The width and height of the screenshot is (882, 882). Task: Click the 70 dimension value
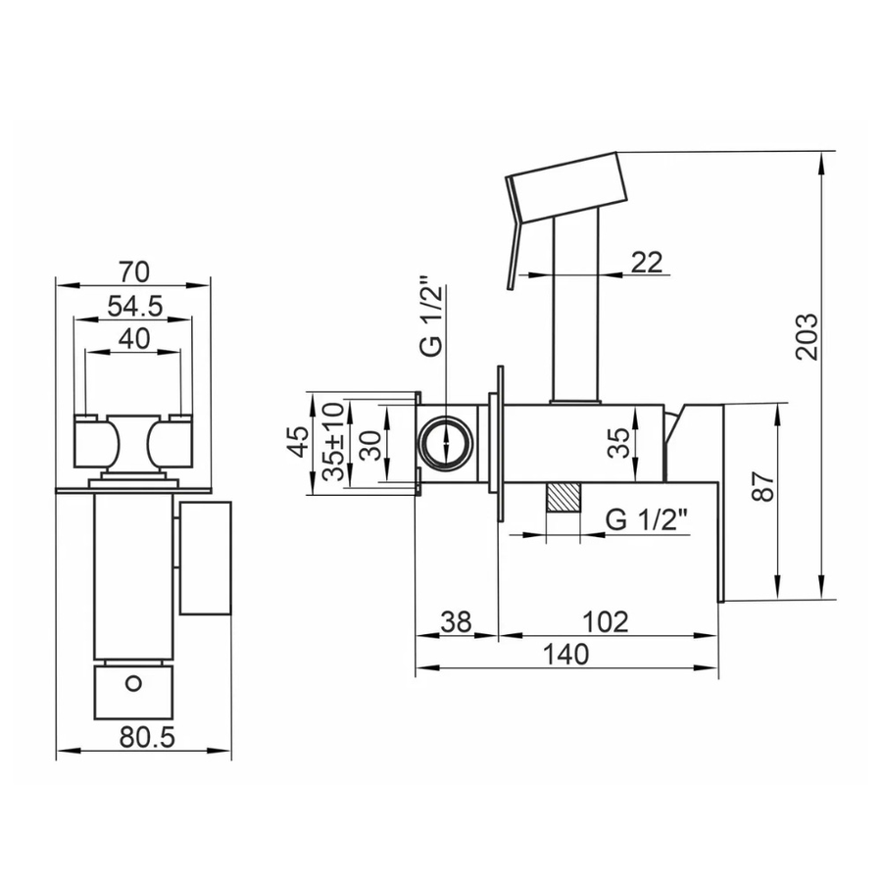point(134,272)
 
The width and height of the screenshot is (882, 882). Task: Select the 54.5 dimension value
point(135,307)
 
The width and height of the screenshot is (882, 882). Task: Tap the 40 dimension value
point(134,339)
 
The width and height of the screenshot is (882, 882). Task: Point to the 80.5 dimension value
point(147,737)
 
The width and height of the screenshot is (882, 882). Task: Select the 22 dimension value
point(647,262)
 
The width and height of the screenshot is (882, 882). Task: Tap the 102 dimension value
point(605,621)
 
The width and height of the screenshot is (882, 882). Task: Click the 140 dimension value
point(565,655)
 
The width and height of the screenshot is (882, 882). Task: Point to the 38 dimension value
point(456,621)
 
